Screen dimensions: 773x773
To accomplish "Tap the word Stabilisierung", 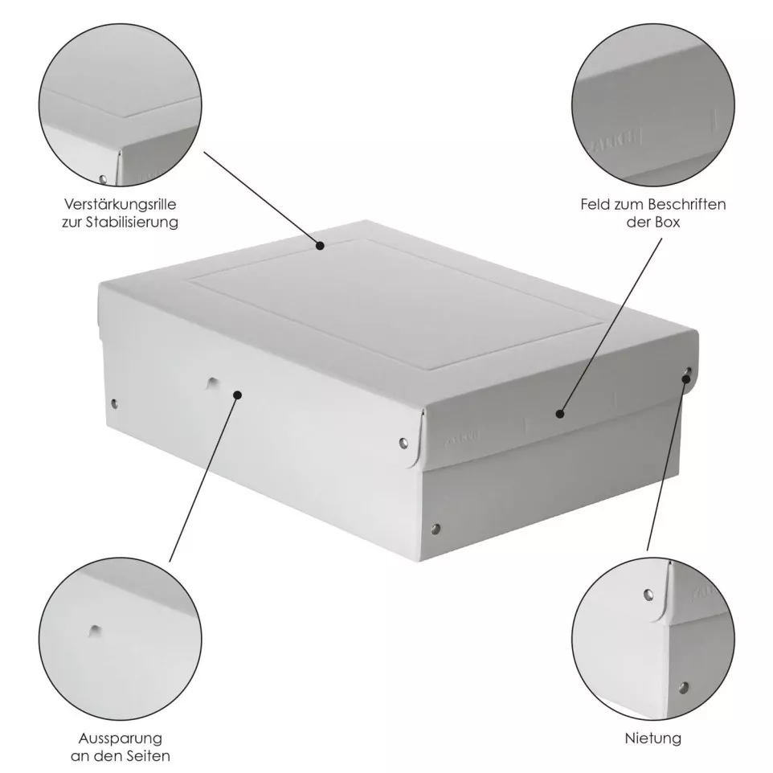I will coord(130,223).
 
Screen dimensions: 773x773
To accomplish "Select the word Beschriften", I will coord(689,205).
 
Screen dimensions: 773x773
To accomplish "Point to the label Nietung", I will coord(652,738).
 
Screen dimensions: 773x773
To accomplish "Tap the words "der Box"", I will coord(652,223).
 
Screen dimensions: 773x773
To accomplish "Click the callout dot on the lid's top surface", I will coord(319,246).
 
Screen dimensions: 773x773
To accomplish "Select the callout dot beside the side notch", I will coord(238,394).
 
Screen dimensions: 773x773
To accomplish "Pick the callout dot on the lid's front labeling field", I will coord(560,414).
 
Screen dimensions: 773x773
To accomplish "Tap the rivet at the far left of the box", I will coord(113,403).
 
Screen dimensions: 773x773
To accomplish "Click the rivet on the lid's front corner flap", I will coord(404,441).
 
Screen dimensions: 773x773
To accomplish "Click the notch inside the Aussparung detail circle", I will coord(96,630).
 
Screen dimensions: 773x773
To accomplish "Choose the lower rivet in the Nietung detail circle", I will coord(684,687).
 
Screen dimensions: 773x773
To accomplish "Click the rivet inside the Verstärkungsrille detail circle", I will coord(102,178).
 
